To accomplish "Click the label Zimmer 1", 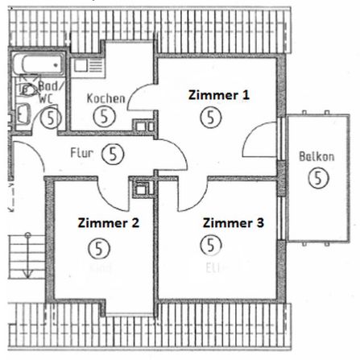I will pos(218,94).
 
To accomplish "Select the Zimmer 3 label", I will pos(233,222).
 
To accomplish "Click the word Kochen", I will pos(106,99).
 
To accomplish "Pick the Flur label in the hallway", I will pos(82,151).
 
